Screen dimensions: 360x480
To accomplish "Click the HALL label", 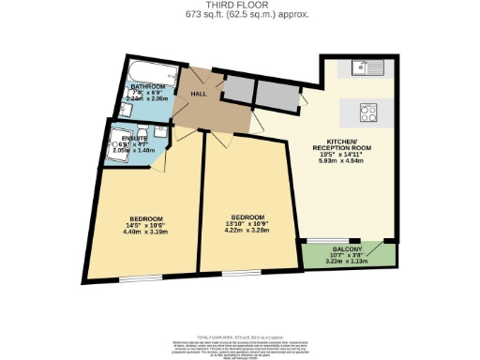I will coord(198,94).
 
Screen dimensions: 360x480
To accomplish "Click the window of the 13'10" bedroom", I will coord(247,273).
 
